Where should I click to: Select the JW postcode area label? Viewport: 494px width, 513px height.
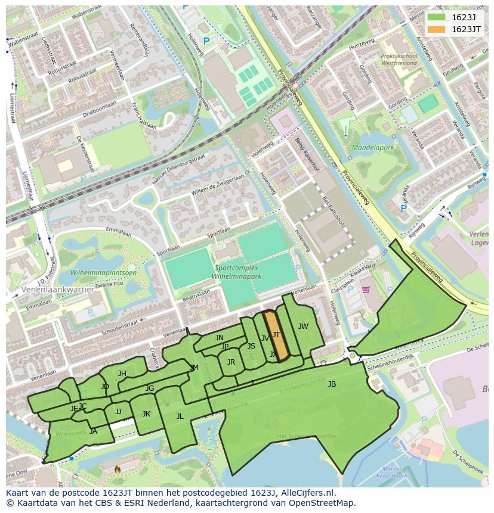[x=303, y=326]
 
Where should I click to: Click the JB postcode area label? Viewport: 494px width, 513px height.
[x=332, y=384]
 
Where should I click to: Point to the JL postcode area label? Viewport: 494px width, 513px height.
[x=180, y=416]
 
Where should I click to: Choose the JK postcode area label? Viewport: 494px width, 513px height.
[x=146, y=414]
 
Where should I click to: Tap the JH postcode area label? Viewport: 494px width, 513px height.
[x=122, y=374]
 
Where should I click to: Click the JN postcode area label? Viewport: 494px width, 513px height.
[x=220, y=338]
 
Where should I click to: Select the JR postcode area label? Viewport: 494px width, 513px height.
[x=231, y=362]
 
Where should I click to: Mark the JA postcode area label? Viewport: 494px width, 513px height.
[x=93, y=431]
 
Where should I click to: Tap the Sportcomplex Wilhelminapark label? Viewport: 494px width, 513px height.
[x=237, y=272]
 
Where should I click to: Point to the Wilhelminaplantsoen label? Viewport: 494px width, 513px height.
[x=104, y=272]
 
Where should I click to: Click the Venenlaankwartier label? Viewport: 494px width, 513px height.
[x=57, y=289]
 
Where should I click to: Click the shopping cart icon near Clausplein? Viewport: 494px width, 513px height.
[x=365, y=290]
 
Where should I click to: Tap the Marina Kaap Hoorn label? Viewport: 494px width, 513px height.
[x=391, y=472]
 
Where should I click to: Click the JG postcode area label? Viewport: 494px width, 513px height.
[x=150, y=388]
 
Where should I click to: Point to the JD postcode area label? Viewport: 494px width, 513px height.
[x=105, y=387]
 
